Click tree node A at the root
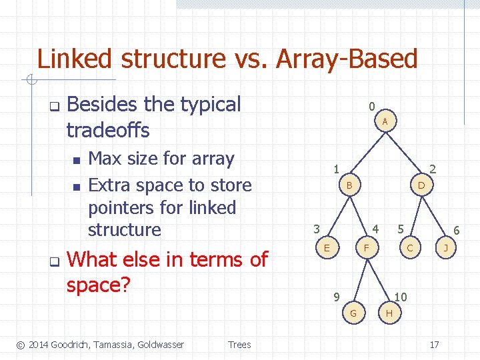(x=385, y=121)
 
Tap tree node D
(x=421, y=183)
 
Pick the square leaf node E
(x=326, y=247)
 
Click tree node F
(x=365, y=248)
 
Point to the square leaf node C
(x=411, y=248)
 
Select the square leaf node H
(x=388, y=313)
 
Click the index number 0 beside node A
(x=372, y=105)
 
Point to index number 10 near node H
(x=401, y=297)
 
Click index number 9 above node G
(x=337, y=297)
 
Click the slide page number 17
(x=434, y=345)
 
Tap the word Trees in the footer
(x=239, y=345)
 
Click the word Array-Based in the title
(x=346, y=59)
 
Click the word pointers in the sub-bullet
(x=119, y=207)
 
